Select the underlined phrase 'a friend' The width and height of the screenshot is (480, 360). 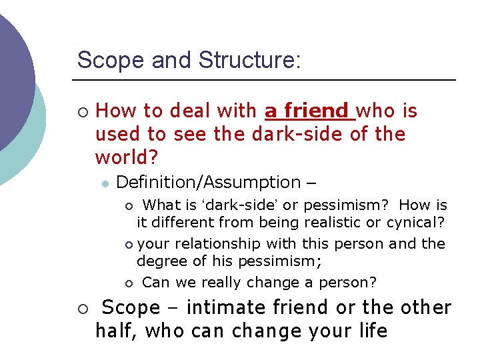307,111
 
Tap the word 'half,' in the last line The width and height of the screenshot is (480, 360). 117,331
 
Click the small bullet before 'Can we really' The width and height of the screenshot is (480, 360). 129,283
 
